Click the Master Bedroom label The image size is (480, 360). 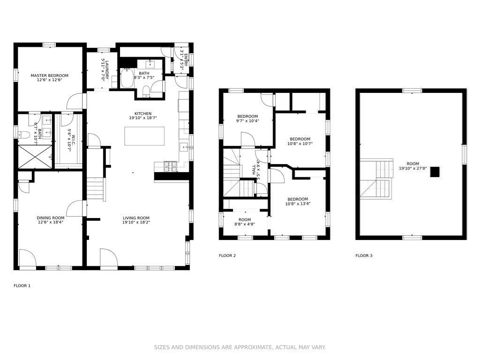(x=49, y=75)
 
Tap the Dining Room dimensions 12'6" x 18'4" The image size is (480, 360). (x=51, y=223)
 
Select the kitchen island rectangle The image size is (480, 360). (x=144, y=136)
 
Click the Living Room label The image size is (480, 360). (x=136, y=218)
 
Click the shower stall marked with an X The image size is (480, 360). (x=35, y=157)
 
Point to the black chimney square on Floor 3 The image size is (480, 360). (x=435, y=172)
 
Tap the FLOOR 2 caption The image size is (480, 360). (x=227, y=255)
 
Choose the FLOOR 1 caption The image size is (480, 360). (x=22, y=285)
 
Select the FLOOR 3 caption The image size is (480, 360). (x=364, y=255)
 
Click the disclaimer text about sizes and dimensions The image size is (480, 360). (x=240, y=347)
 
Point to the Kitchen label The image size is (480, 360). (x=143, y=113)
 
